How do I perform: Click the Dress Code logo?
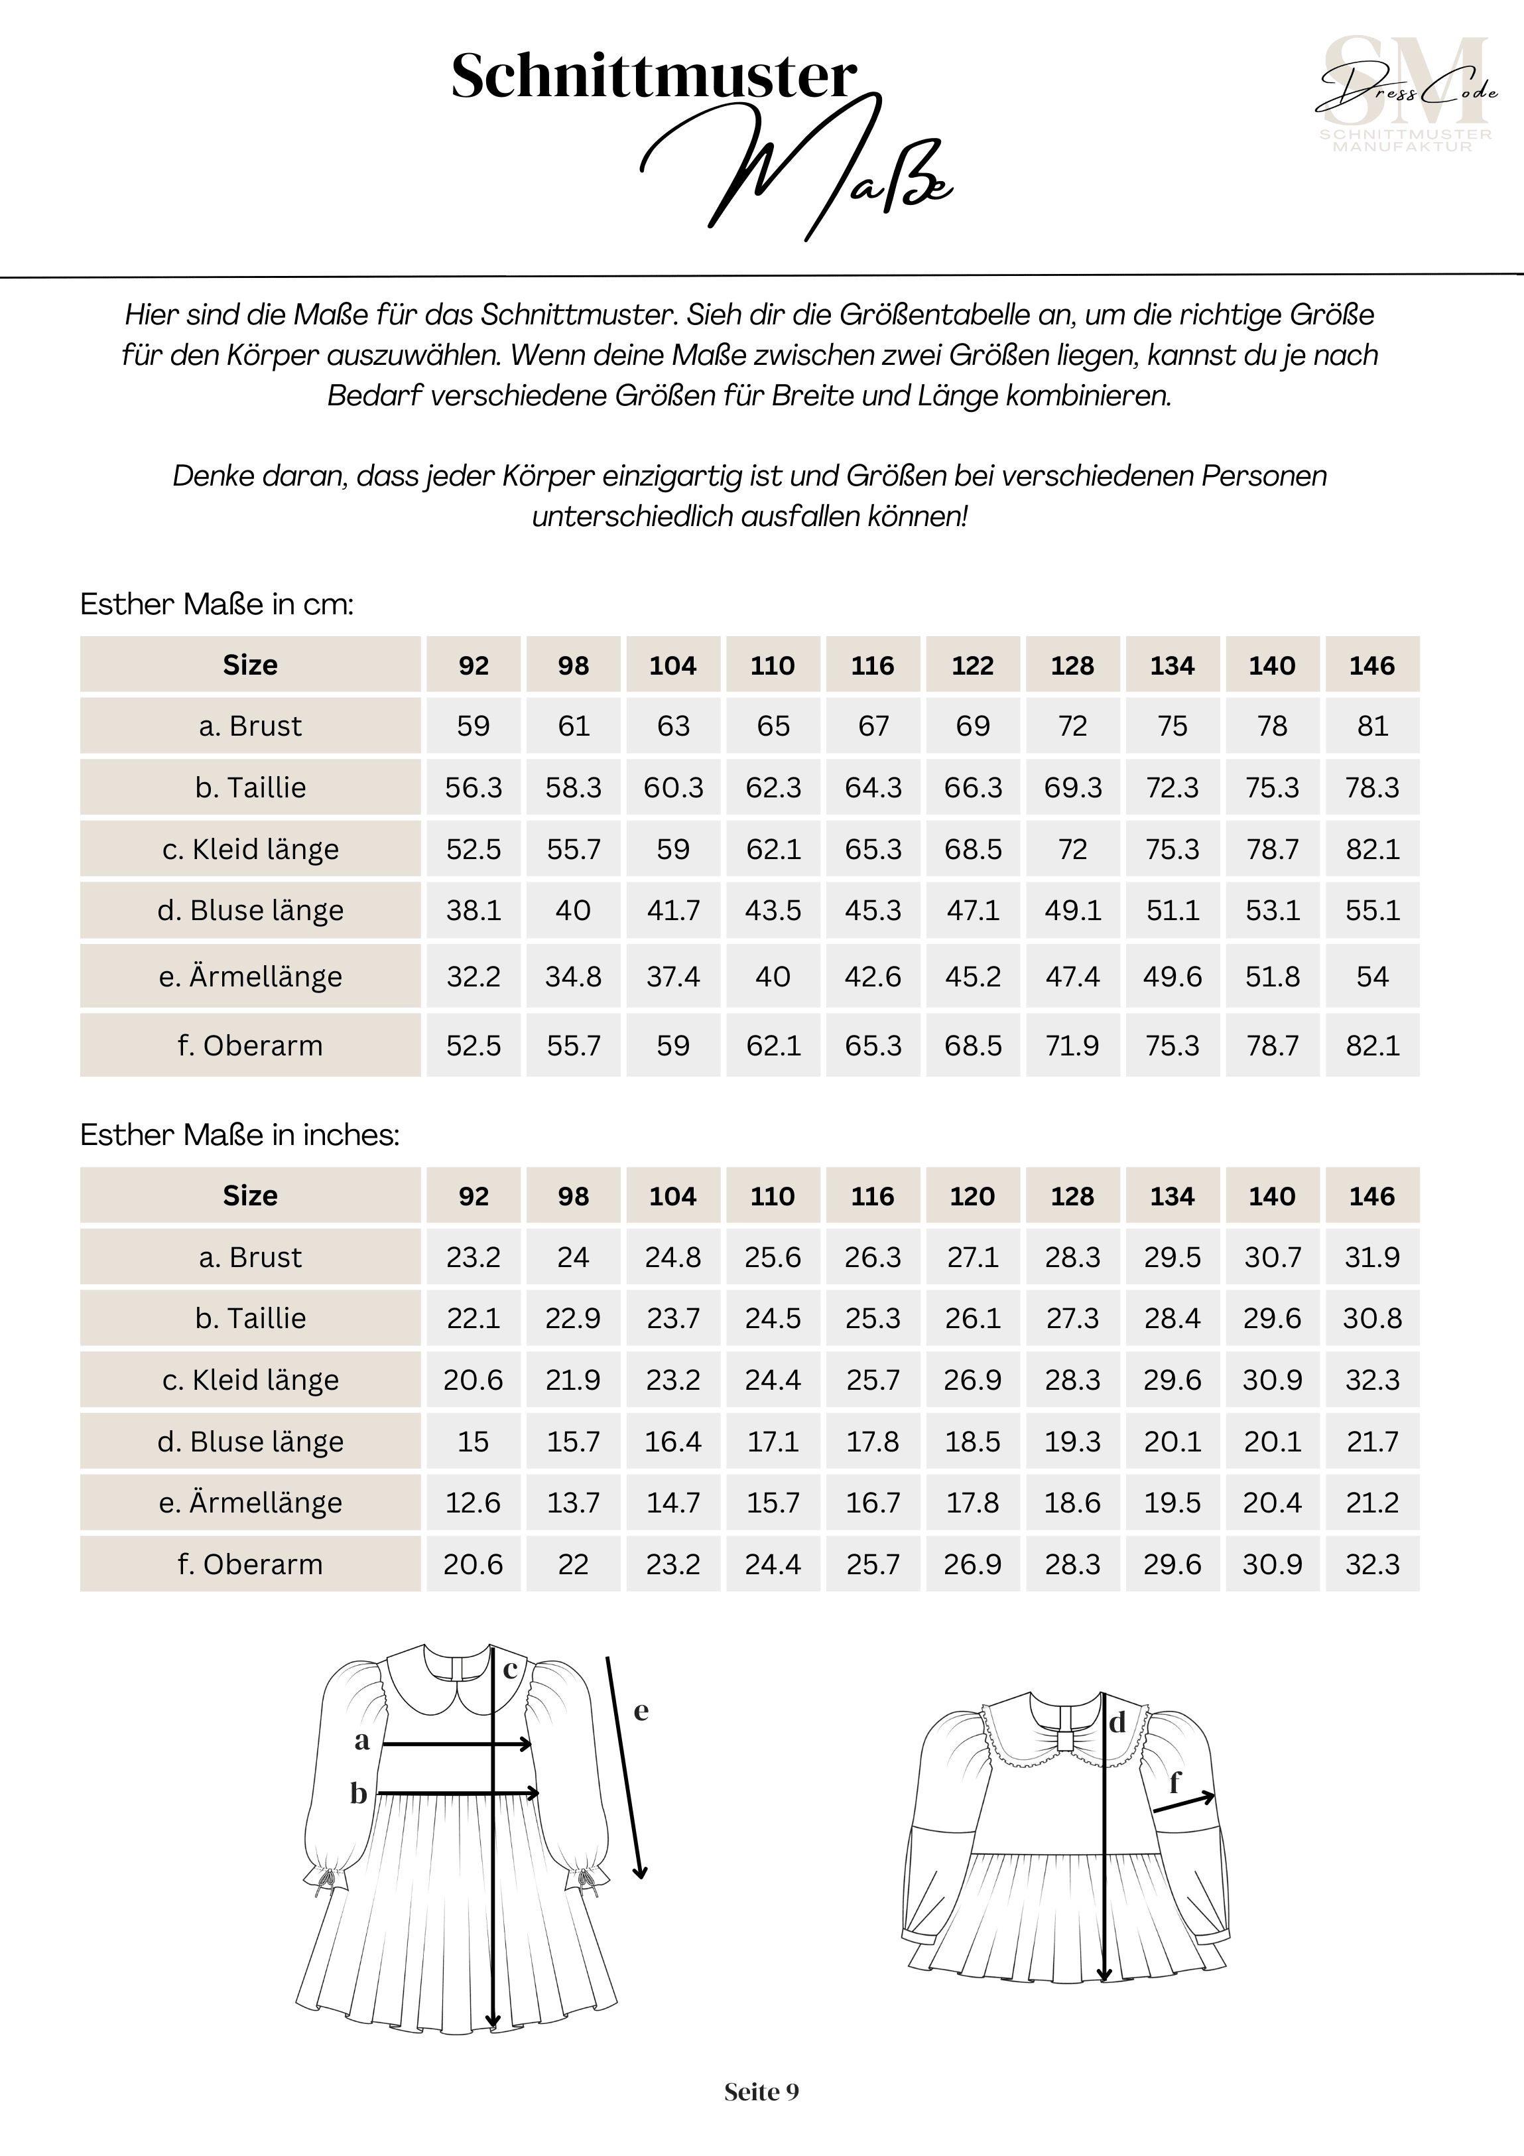click(x=1406, y=94)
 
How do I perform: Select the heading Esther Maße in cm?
click(x=217, y=604)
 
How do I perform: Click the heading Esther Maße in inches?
click(x=239, y=1134)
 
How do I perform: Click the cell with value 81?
click(x=1372, y=726)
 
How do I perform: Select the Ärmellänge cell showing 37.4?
click(x=673, y=977)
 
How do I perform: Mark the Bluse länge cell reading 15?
click(x=474, y=1442)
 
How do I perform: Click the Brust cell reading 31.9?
click(x=1372, y=1257)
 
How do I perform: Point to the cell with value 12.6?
click(x=474, y=1503)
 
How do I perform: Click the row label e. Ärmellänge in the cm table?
click(x=250, y=977)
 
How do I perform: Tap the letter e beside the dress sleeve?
click(x=641, y=1711)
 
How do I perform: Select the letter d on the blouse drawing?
click(x=1117, y=1723)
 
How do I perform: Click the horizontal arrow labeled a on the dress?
click(x=458, y=1744)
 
